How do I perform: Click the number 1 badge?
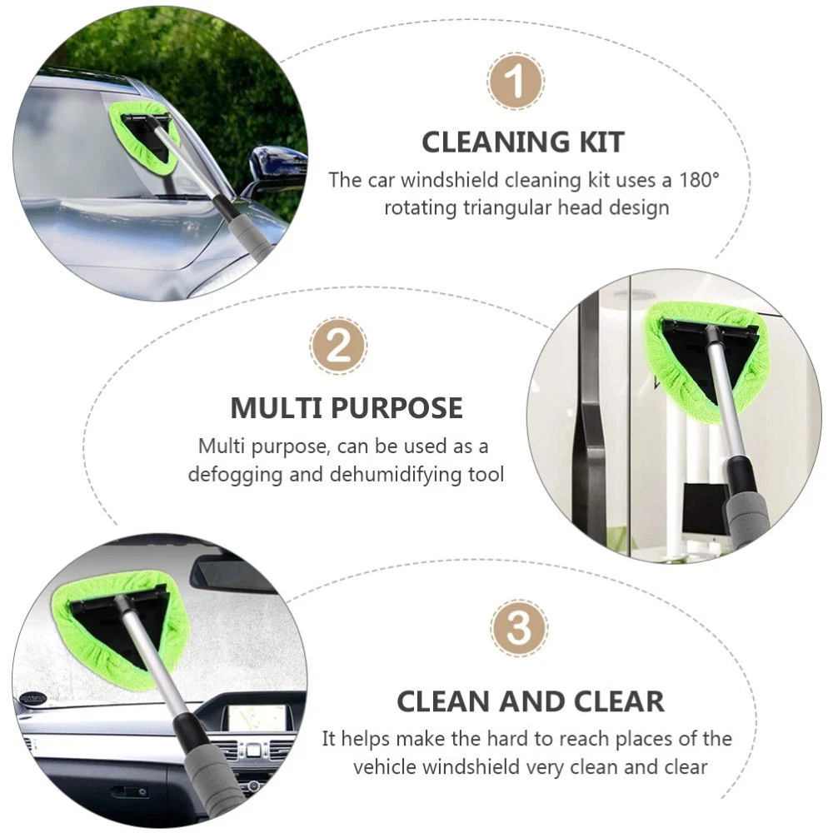point(516,82)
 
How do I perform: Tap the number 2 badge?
point(338,346)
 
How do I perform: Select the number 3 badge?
point(519,628)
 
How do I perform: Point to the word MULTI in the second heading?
point(277,408)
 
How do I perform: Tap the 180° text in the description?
point(699,180)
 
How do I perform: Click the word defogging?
point(236,475)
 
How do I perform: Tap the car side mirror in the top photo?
point(277,162)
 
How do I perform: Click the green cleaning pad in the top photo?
point(144,137)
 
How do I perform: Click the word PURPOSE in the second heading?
point(397,408)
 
